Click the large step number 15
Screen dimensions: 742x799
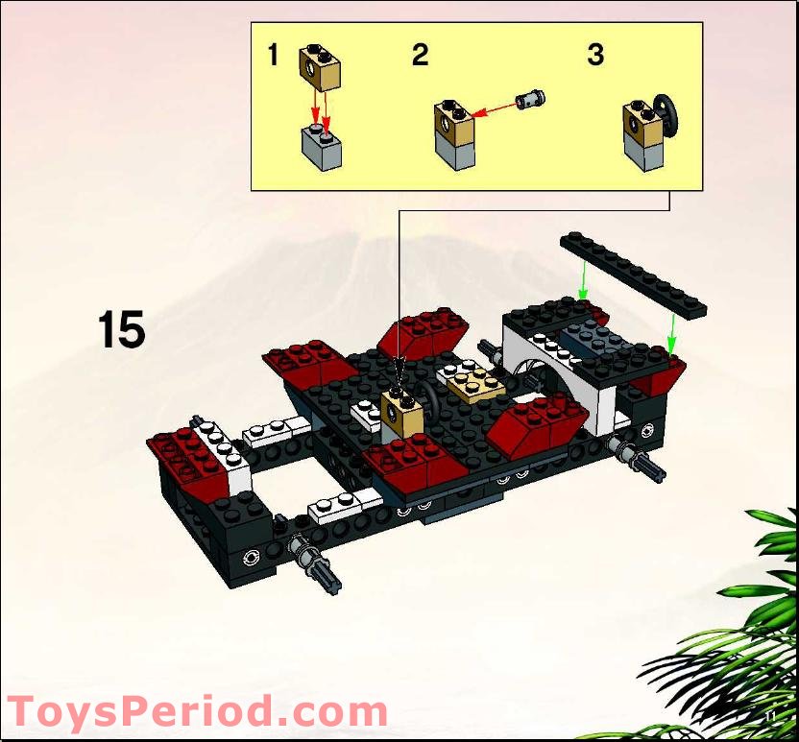121,329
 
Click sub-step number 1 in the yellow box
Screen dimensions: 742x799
273,56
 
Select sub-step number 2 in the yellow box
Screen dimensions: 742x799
420,56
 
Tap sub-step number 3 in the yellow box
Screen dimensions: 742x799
595,56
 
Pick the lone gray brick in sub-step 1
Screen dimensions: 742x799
321,150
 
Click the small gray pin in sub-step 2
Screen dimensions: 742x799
530,99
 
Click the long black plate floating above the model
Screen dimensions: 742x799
633,273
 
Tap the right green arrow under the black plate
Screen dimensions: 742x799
672,332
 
